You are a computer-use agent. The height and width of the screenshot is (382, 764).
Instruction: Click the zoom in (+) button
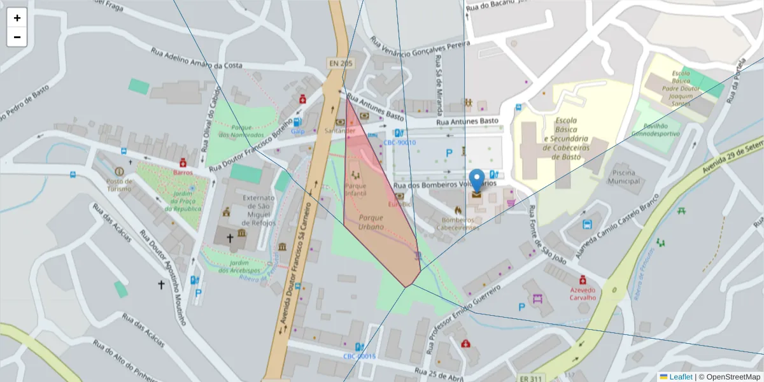[17, 18]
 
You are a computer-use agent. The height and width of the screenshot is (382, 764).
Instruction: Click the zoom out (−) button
[17, 37]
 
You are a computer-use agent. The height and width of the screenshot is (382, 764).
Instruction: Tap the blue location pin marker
[476, 181]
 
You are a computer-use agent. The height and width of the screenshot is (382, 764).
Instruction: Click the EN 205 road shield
[340, 63]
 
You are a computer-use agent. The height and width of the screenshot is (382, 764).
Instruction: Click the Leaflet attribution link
[681, 377]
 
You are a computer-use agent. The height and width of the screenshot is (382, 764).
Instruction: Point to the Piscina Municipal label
[624, 177]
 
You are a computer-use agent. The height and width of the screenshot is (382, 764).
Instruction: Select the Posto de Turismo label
[119, 185]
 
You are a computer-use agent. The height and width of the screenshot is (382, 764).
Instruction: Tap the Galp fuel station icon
[297, 122]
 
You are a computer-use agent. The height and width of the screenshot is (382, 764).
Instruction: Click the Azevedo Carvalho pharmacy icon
[583, 279]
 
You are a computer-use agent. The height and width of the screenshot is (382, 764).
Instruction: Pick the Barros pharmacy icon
[183, 162]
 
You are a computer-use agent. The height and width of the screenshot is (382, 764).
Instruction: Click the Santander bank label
[339, 131]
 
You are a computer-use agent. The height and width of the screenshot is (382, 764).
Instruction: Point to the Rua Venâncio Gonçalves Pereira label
[420, 51]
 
